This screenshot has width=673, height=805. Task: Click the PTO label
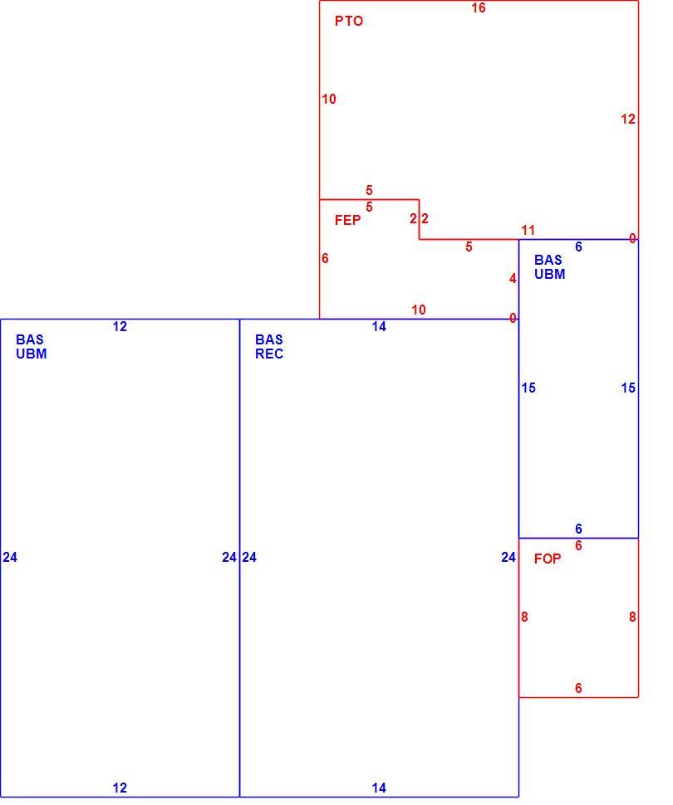point(349,21)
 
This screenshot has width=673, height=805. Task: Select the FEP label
point(347,220)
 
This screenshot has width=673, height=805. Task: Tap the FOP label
point(548,559)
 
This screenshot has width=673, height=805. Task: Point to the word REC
point(269,354)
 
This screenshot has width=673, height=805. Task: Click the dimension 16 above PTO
point(478,7)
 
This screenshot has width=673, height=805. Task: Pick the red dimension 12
point(628,120)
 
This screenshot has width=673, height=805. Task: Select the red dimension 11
point(528,230)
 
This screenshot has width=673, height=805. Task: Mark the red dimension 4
point(513,278)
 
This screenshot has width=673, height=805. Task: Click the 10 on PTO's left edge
point(329,99)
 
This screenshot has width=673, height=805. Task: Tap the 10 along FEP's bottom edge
point(419,310)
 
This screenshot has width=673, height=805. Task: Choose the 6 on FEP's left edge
point(325,258)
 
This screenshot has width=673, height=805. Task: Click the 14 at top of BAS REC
point(379,326)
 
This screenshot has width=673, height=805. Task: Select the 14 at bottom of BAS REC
point(379,788)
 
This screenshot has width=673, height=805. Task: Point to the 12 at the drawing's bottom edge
point(120,788)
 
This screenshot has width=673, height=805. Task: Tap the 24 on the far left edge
point(10,557)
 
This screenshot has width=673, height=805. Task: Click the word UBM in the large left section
point(32,354)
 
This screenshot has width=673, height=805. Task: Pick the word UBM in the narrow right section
point(549,274)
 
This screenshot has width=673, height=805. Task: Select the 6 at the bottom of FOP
point(578,688)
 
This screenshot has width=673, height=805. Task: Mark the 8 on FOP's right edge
point(632,617)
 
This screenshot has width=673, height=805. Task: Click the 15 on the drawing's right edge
point(628,388)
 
